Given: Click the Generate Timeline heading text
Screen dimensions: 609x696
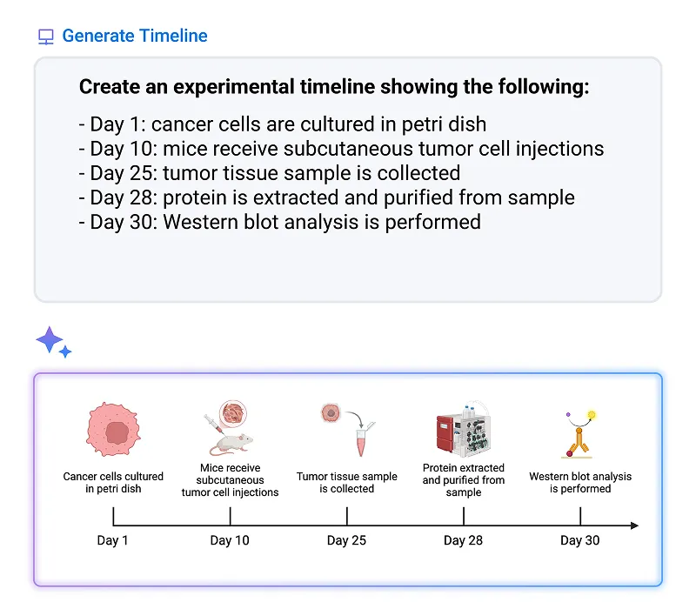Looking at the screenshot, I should pos(135,36).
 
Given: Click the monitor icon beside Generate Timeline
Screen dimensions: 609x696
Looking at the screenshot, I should pos(46,37).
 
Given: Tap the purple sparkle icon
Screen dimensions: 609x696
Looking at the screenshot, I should pos(52,342).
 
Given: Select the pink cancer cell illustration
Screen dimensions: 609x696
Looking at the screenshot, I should pos(113,432).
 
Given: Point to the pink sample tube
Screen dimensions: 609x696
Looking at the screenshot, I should pos(360,441).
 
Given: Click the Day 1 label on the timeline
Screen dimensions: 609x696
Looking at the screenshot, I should pos(113,540).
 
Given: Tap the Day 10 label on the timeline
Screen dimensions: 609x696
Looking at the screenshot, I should pos(230,540).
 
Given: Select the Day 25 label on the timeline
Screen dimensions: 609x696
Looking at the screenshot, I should pos(346,540).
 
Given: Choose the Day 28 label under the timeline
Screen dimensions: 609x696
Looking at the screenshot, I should pos(463,540).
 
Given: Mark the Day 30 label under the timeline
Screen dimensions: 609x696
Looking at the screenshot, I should pos(579,540).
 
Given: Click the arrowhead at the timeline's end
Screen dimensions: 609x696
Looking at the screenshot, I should pos(634,525).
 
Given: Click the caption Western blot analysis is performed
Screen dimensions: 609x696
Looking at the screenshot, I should pos(580,483).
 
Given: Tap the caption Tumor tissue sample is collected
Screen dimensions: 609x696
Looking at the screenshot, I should pos(346,483).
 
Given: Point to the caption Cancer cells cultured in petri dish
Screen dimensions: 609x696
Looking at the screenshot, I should pos(113,483).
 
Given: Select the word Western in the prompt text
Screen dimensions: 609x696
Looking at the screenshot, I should pos(207,222).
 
